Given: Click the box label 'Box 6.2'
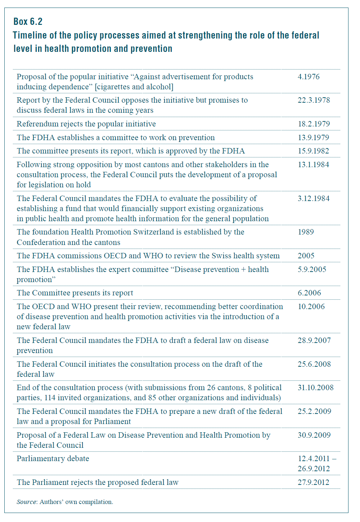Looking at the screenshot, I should tap(28, 22).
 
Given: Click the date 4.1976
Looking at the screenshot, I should tap(309, 77).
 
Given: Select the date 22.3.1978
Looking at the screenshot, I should tap(314, 100).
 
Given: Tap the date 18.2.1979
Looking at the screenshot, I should tap(314, 124).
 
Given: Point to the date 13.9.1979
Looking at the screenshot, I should tap(313, 138).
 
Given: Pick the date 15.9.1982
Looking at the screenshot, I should tap(313, 151).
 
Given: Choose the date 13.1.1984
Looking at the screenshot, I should tap(313, 165).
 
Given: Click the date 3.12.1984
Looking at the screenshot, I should tap(313, 198).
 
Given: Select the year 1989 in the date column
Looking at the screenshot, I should tap(306, 232).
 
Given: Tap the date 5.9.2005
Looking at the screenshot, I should tap(312, 269).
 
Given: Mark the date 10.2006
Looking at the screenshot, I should tap(311, 307).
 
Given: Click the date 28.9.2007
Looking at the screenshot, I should tap(314, 340).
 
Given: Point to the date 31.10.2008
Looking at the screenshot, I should tap(315, 388).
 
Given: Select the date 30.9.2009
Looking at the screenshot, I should tap(314, 435).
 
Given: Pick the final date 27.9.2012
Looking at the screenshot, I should tap(313, 482).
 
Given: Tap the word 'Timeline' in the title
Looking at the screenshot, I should tap(30, 35).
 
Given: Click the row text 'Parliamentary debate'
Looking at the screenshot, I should tap(53, 459).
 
